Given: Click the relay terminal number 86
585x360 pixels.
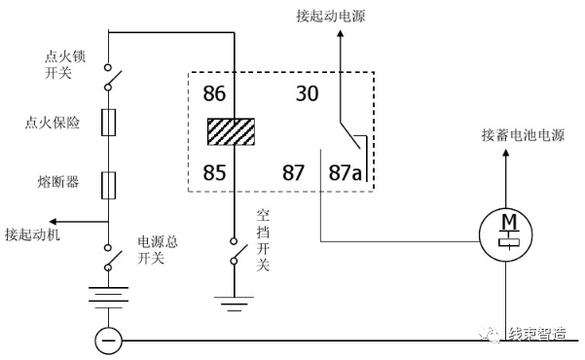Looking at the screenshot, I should [x=215, y=94].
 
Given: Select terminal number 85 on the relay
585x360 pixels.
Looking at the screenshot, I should [x=215, y=174].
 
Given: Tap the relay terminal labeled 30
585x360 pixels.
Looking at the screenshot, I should [x=308, y=94].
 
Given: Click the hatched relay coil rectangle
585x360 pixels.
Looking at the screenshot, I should [x=230, y=132].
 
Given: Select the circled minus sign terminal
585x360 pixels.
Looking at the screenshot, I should [x=107, y=341].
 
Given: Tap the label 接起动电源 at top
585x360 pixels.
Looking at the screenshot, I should [x=338, y=17].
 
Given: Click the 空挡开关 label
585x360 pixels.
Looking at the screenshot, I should [x=263, y=238].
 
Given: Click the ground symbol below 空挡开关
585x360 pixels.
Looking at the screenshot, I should [x=233, y=305].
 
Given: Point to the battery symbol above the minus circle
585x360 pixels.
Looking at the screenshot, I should [x=108, y=295].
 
